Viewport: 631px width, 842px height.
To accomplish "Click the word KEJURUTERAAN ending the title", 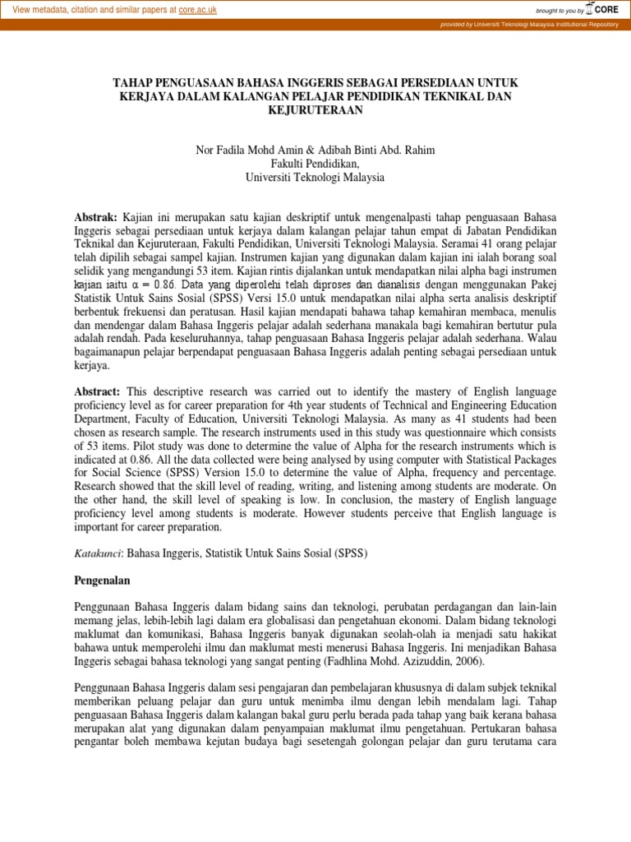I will click(315, 111).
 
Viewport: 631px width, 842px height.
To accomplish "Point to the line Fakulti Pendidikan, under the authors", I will click(315, 163).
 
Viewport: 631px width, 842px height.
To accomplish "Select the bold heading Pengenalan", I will click(103, 581).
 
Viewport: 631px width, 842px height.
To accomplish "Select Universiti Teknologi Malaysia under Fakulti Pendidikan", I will click(315, 177).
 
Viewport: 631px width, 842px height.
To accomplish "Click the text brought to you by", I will click(559, 10).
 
